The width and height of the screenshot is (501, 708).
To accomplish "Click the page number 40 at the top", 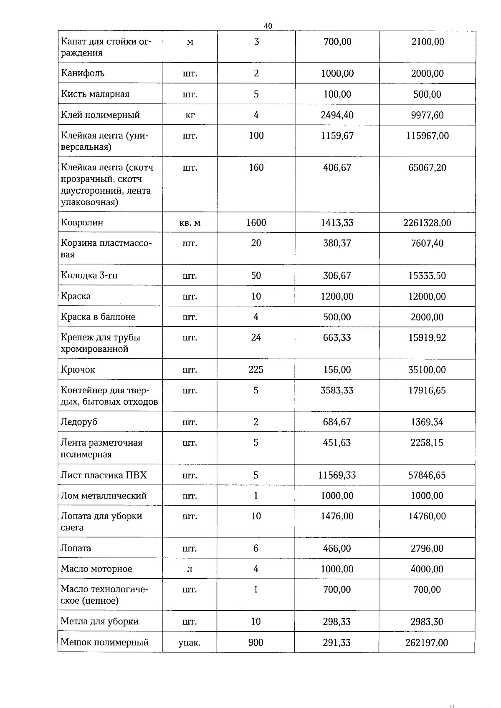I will click(x=268, y=26).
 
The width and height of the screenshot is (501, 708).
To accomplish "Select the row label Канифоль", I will click(x=83, y=73).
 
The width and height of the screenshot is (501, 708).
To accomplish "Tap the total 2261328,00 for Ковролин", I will click(x=427, y=223).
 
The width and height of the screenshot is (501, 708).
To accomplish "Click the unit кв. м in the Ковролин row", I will click(x=190, y=223).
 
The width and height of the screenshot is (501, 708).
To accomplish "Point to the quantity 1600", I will click(x=256, y=223).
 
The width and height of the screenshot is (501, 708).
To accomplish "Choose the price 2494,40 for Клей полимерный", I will click(x=337, y=115).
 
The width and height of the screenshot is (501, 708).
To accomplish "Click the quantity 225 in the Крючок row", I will click(x=256, y=370).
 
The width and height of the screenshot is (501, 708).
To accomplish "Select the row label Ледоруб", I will click(x=79, y=422).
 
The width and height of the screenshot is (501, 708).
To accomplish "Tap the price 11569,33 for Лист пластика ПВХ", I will click(x=337, y=475).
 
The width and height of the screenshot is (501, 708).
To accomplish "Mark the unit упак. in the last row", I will click(x=190, y=643).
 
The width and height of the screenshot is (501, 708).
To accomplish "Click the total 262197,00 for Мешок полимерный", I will click(x=426, y=643).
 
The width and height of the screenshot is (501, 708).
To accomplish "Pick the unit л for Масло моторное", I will click(x=190, y=569).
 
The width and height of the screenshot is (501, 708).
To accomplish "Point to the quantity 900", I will click(x=256, y=642).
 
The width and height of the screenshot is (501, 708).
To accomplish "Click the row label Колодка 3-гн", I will click(x=89, y=276).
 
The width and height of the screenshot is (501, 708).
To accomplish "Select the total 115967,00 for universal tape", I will click(x=427, y=136).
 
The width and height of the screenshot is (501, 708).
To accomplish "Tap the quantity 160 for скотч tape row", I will click(x=256, y=168).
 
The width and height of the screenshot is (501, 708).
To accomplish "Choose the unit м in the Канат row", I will click(x=190, y=42).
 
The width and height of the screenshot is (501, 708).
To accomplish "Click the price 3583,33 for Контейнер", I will click(x=337, y=391).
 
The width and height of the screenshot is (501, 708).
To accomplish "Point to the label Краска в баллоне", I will click(x=98, y=317).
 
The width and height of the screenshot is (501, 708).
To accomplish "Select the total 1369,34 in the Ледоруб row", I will click(x=427, y=422).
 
